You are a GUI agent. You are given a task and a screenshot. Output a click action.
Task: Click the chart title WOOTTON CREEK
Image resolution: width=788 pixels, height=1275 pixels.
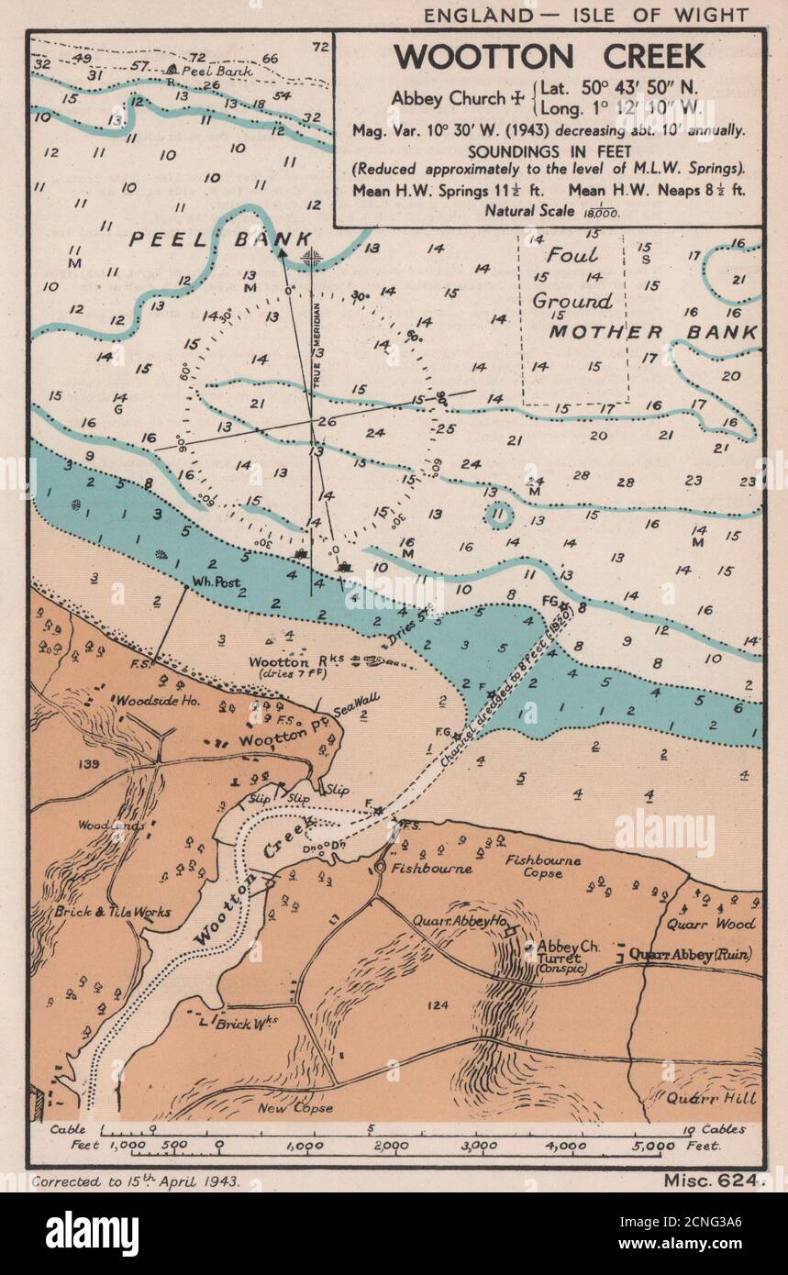[549, 57]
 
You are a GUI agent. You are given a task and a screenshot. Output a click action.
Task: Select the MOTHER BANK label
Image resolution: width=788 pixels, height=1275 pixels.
[653, 332]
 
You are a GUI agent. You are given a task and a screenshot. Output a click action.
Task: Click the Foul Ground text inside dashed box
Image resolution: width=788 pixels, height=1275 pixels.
[572, 278]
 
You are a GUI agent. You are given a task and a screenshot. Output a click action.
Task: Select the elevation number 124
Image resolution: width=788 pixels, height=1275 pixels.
[438, 1005]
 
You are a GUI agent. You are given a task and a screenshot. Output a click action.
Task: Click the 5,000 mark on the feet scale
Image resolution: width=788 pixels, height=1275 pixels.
[652, 1146]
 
